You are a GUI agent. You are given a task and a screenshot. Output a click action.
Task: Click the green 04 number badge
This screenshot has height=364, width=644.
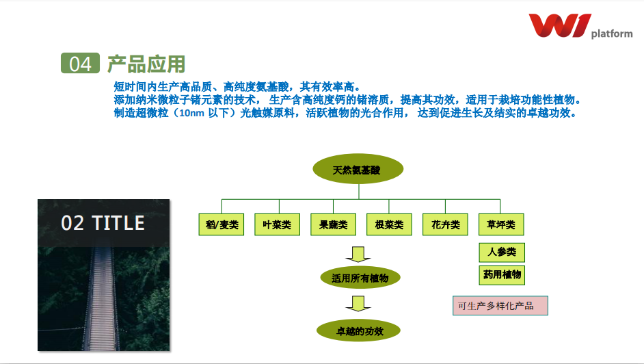80,63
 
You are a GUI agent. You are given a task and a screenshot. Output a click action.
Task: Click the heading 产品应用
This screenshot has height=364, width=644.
146,64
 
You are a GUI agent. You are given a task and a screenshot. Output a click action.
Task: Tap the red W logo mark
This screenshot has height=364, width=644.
560,25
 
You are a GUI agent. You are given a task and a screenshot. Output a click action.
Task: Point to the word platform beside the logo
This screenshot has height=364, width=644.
612,34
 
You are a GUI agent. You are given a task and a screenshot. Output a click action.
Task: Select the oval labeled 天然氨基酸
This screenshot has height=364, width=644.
358,169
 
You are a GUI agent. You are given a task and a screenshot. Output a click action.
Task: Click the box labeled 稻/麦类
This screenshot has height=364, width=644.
222,224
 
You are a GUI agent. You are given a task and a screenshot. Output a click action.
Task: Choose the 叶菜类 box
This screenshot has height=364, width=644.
278,224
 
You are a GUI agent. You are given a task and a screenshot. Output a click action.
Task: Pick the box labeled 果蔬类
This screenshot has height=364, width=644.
333,224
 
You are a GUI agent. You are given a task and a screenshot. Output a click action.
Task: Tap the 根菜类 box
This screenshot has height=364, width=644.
390,224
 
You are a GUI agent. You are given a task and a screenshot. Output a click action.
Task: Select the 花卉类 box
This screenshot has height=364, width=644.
445,224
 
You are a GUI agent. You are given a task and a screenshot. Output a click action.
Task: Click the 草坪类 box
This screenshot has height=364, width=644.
501,224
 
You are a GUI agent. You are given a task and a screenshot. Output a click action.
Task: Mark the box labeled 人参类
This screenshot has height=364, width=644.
502,252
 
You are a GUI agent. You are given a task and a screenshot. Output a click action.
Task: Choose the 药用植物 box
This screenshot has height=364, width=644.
502,275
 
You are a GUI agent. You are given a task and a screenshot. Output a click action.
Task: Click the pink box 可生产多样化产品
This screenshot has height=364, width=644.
500,306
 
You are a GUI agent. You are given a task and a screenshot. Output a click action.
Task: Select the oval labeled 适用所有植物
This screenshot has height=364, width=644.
360,278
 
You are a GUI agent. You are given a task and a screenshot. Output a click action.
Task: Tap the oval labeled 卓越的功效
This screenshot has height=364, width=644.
358,330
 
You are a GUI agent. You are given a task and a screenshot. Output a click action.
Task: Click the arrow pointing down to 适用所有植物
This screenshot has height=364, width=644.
358,255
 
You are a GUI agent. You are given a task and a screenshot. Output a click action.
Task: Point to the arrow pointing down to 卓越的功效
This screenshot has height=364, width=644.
358,304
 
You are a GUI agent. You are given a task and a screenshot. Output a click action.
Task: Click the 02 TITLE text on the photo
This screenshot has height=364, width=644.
103,223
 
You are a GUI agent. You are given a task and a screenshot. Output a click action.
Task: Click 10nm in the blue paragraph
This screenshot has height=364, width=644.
192,113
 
